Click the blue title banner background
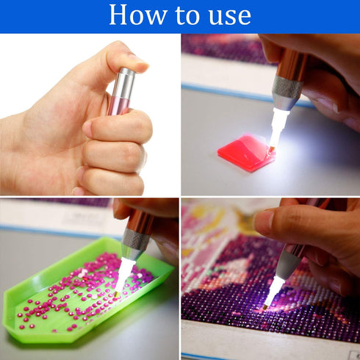pyautogui.click(x=309, y=16)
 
